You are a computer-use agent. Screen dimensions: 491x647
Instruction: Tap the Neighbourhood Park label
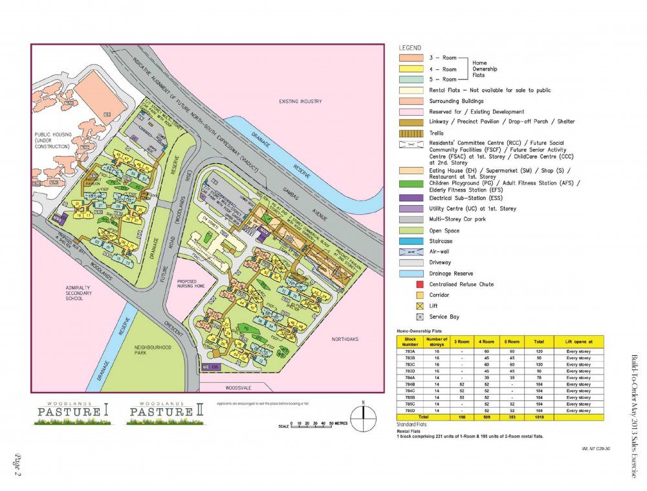(x=153, y=351)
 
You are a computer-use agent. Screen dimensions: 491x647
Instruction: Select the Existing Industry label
(x=300, y=102)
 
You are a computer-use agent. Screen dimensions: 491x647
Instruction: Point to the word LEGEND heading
(x=410, y=48)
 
